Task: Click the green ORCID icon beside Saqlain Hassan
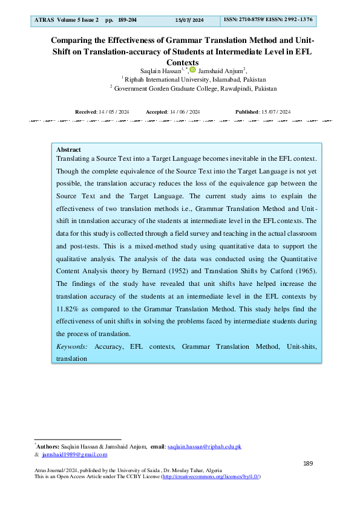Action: click(192, 70)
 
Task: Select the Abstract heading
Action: click(68, 149)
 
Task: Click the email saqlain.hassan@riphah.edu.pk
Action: click(205, 446)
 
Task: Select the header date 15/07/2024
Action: click(189, 21)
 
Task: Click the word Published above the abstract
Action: click(246, 112)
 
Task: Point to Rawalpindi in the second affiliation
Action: click(224, 88)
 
